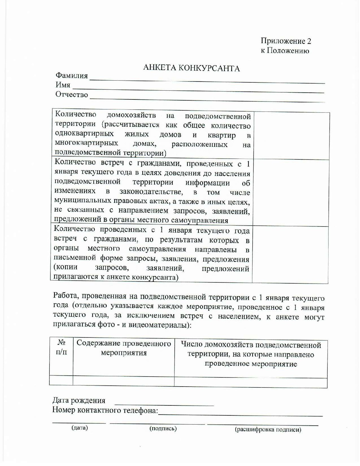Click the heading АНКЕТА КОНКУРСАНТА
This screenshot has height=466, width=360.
pos(191,68)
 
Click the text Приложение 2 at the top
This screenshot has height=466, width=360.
pos(286,41)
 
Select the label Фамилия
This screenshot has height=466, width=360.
pos(72,76)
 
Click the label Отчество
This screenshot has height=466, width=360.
pos(72,95)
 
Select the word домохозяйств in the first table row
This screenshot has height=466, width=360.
pos(131,115)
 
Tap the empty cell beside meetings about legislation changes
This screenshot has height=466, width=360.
pos(291,193)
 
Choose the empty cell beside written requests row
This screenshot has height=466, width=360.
pos(290,255)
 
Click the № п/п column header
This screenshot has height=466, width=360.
pos(61,347)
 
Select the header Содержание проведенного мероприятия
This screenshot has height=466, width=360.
pos(124,348)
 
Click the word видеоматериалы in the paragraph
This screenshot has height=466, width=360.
pos(160,325)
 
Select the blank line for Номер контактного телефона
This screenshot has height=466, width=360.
pos(240,413)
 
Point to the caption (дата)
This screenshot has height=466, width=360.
pos(79,428)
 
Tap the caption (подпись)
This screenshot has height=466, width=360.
pos(163,428)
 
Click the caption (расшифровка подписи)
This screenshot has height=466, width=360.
pos(268,430)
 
